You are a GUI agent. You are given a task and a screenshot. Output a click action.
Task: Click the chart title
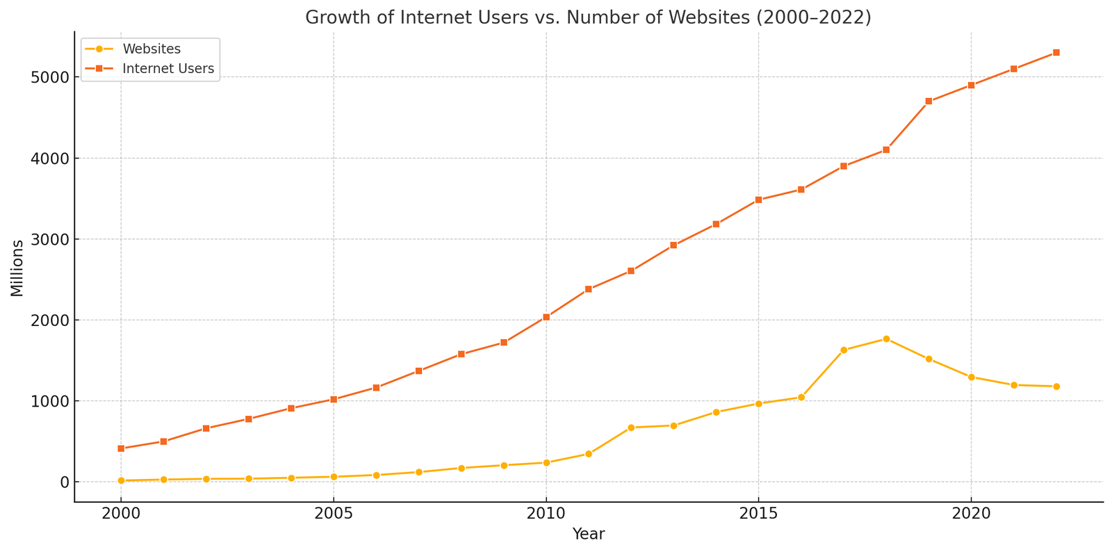[x=588, y=17]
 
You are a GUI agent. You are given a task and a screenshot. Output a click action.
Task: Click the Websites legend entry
[x=151, y=49]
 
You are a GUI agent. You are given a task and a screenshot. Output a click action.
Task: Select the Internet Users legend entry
[x=167, y=69]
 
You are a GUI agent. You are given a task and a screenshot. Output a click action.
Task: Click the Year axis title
[x=588, y=535]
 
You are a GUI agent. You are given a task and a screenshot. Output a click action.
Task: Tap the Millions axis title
[x=17, y=268]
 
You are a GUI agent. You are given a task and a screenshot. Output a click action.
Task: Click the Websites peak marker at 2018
[x=886, y=339]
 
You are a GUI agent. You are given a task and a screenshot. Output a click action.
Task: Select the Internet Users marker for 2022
[x=1056, y=53]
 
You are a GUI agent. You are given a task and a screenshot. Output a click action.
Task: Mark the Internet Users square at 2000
[x=121, y=448]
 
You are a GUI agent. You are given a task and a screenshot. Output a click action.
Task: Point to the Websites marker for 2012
[x=631, y=428]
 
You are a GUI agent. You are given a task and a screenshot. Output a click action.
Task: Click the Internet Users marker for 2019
[x=929, y=102]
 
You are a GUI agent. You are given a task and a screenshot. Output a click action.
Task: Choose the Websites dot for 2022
[x=1056, y=387]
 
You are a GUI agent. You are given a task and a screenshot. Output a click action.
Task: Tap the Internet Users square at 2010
[x=546, y=317]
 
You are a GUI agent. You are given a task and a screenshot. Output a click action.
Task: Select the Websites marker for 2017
[x=844, y=350]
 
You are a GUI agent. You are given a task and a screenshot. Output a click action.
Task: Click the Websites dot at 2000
[x=121, y=480]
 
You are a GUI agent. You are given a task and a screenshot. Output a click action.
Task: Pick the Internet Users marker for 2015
[x=758, y=200]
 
